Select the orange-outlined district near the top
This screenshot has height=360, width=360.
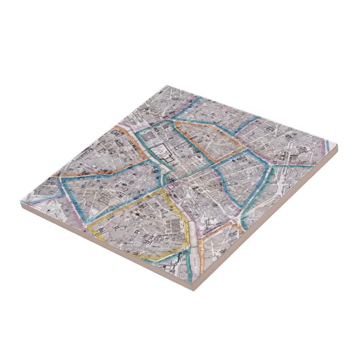(211, 139)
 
